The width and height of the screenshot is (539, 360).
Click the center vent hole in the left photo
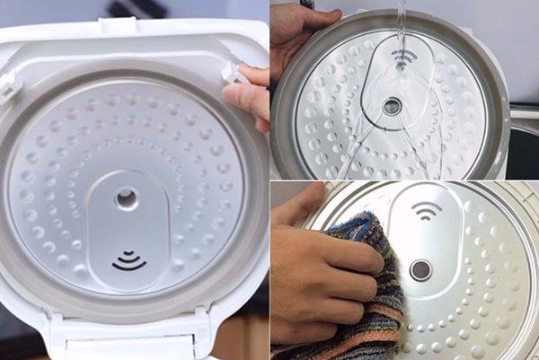click(127, 198)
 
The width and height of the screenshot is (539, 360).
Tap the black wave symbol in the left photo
click(128, 261)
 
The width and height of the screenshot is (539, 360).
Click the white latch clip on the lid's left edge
click(9, 86)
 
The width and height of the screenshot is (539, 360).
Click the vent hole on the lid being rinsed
click(392, 106)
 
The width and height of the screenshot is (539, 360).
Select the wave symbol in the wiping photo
click(426, 210)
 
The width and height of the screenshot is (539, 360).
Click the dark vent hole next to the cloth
click(420, 270)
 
